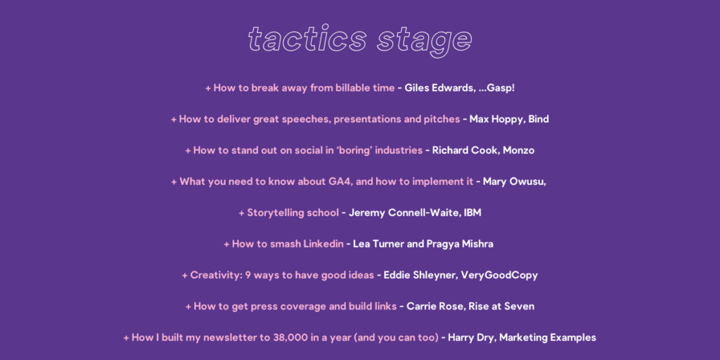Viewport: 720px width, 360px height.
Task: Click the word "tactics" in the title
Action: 307,39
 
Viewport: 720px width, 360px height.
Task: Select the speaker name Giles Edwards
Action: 439,88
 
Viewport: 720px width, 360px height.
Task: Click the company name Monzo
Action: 518,150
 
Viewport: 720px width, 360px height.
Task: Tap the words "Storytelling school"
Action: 293,213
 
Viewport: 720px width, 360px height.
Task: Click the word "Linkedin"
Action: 323,244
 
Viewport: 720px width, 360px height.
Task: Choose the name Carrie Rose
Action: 435,307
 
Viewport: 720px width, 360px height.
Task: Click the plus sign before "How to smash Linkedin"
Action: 226,244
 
